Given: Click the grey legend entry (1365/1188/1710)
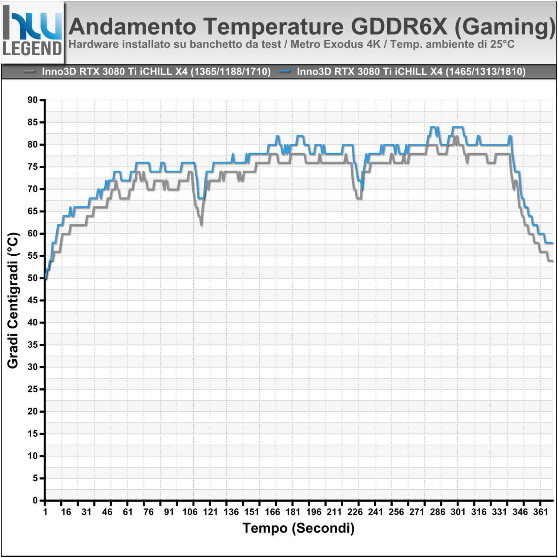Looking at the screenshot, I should point(156,72).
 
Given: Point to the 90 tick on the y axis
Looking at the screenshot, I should point(33,100).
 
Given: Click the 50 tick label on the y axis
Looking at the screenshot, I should point(33,278).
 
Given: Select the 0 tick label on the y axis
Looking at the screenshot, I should point(35,500).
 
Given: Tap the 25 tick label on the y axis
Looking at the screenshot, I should point(33,389).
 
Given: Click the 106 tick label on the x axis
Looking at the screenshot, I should point(190,512).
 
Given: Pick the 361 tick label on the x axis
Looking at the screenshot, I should point(540,512).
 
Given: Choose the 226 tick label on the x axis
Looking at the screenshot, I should point(355,512).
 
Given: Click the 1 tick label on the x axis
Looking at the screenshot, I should point(45,512).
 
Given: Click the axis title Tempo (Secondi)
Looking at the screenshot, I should point(298,528).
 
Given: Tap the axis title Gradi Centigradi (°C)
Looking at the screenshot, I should point(13,300).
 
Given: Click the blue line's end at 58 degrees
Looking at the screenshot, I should point(552,243).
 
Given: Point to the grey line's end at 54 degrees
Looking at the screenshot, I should point(552,261).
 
